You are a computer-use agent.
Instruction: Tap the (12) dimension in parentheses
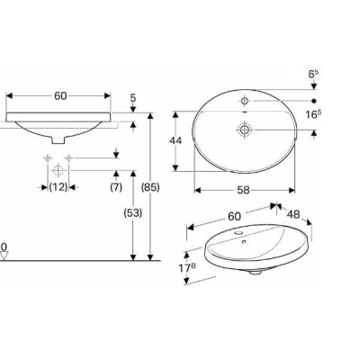point(58,186)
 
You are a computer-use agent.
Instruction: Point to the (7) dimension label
point(115,186)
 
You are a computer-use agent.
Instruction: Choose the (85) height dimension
point(151,186)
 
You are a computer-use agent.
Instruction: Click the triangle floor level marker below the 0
point(4,256)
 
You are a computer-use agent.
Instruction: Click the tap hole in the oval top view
point(244,99)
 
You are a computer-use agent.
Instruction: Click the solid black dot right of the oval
point(313,99)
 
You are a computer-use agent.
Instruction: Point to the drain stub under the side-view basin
point(58,141)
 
